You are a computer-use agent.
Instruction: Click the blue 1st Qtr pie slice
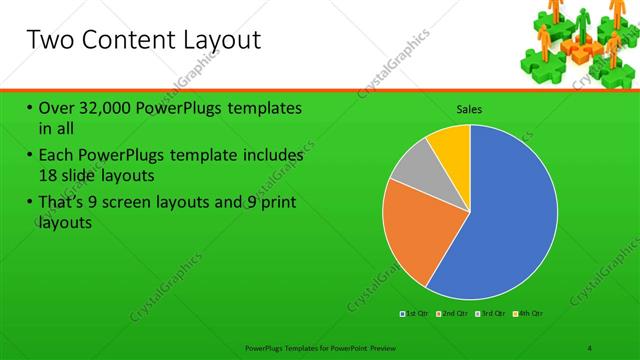pyautogui.click(x=510, y=220)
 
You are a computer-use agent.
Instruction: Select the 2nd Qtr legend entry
pyautogui.click(x=450, y=314)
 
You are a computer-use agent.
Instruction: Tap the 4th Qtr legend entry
pyautogui.click(x=528, y=314)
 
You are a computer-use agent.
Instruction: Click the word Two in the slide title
pyautogui.click(x=50, y=41)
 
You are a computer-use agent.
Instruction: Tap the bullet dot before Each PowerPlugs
pyautogui.click(x=30, y=157)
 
